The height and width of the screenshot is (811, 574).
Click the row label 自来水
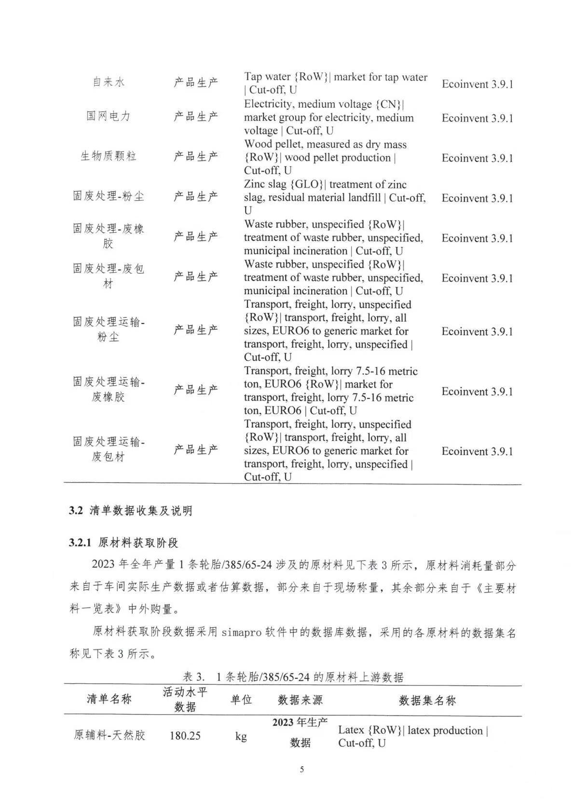point(109,82)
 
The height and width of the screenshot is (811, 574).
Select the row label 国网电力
point(109,116)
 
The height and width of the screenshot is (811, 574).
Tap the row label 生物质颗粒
point(109,156)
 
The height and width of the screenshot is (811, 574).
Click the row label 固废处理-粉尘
point(109,196)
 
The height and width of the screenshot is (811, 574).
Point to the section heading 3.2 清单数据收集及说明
point(131,511)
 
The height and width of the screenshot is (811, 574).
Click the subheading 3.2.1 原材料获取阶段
point(123,542)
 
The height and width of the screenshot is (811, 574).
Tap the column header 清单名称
point(109,699)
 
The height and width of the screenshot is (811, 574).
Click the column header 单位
point(241,700)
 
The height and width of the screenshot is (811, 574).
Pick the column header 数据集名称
point(427,700)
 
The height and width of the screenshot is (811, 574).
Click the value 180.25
point(185,736)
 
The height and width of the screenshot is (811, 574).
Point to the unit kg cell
point(241,736)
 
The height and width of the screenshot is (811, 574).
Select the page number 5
point(302,769)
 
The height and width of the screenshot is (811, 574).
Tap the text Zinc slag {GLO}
point(285,185)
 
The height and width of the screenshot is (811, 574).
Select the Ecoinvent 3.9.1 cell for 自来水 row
point(477,84)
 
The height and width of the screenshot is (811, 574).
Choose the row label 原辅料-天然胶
point(109,735)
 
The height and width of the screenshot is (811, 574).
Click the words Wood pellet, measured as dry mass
point(325,144)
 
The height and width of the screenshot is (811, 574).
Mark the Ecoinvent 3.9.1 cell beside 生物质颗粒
point(477,158)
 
